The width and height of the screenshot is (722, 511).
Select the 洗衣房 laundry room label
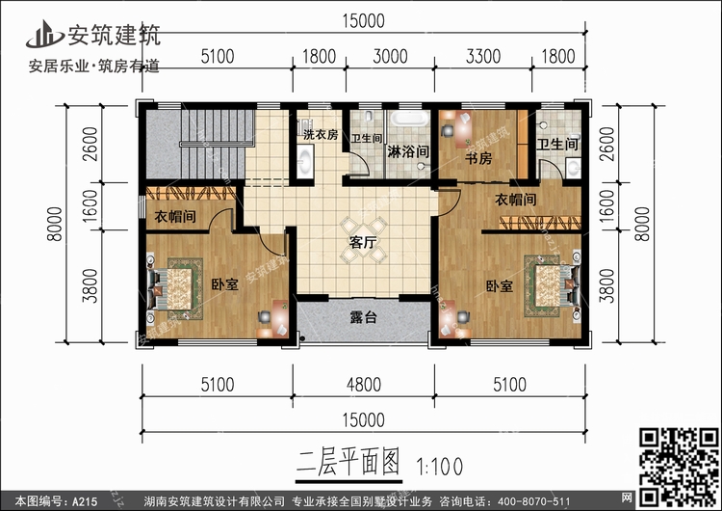pos(320,136)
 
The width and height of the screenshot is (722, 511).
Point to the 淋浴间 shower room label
pos(407,152)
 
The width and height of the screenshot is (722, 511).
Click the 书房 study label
pos(478,158)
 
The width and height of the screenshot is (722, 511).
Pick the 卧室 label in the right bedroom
pos(499,285)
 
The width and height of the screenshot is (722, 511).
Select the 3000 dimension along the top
pos(390,57)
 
